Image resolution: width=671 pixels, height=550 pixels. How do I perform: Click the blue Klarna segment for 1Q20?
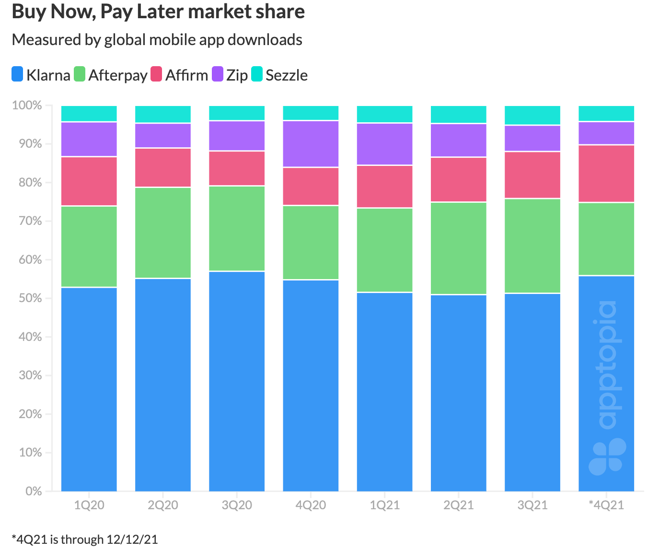pyautogui.click(x=89, y=389)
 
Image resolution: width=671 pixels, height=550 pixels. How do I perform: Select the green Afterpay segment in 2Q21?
pyautogui.click(x=459, y=248)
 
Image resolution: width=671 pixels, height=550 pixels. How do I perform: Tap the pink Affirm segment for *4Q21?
pyautogui.click(x=606, y=174)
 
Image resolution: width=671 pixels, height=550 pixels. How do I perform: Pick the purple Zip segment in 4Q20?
pyautogui.click(x=311, y=144)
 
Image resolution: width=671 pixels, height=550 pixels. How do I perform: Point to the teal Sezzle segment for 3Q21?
pyautogui.click(x=532, y=115)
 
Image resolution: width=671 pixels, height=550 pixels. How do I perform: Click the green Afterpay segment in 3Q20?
pyautogui.click(x=237, y=228)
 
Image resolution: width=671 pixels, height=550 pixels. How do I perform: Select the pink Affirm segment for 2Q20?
pyautogui.click(x=163, y=167)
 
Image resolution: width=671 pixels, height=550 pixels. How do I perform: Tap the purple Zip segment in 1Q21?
pyautogui.click(x=385, y=144)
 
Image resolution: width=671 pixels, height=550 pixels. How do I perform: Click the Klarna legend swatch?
pyautogui.click(x=18, y=74)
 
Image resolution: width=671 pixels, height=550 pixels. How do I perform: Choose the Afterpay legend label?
pyautogui.click(x=117, y=75)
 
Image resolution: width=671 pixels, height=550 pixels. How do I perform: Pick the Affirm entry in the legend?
pyautogui.click(x=186, y=75)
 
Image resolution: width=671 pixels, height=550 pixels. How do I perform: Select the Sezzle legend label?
pyautogui.click(x=286, y=75)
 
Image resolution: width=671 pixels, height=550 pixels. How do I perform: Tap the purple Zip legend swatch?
pyautogui.click(x=218, y=74)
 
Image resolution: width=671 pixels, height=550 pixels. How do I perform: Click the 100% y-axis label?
pyautogui.click(x=27, y=105)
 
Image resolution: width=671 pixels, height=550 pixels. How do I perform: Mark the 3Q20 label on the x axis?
pyautogui.click(x=237, y=505)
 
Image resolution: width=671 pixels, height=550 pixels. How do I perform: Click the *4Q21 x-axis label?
pyautogui.click(x=606, y=505)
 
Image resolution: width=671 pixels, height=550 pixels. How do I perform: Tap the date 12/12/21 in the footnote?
pyautogui.click(x=132, y=539)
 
